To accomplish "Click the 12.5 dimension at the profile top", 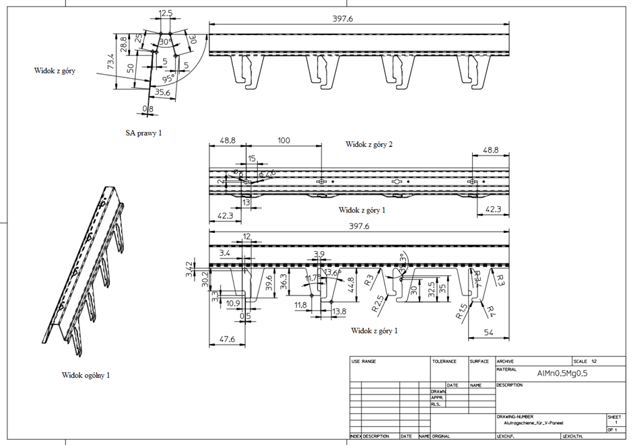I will [165, 13].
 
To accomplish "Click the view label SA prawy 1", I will [144, 133].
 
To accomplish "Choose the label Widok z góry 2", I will [369, 144].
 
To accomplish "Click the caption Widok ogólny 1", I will [86, 375].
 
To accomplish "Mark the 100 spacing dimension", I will [284, 140].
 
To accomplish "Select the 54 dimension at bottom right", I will [488, 333].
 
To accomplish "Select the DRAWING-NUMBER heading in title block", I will [516, 417].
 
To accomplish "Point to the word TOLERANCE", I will [444, 362].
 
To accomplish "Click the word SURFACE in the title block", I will [479, 362].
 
